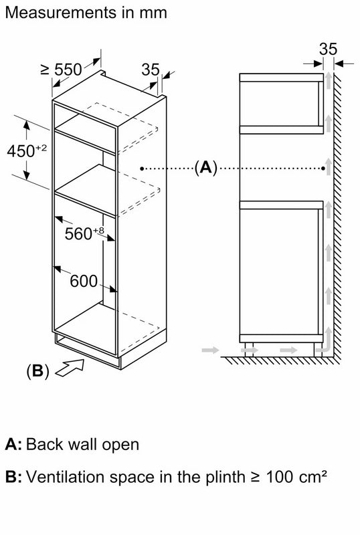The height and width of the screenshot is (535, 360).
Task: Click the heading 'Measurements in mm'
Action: (86, 13)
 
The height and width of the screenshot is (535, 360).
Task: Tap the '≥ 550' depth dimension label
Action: (62, 70)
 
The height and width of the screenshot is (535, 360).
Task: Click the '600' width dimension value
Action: (84, 281)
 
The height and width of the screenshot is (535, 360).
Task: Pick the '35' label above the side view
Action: (329, 49)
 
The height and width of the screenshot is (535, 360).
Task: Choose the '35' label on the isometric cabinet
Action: (151, 70)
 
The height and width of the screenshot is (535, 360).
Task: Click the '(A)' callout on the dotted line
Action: (205, 168)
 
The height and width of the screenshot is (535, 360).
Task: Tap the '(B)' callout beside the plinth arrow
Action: (37, 370)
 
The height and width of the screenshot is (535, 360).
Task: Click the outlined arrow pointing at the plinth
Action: (70, 368)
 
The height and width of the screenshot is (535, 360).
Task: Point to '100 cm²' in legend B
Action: (296, 476)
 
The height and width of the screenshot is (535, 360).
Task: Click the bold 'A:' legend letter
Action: (13, 445)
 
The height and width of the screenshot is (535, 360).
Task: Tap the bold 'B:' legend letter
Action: (13, 477)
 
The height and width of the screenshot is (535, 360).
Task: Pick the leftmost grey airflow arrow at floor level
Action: (210, 350)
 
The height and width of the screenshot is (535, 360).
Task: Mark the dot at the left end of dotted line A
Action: (142, 169)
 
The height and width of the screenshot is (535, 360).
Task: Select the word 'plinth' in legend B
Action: (226, 477)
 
